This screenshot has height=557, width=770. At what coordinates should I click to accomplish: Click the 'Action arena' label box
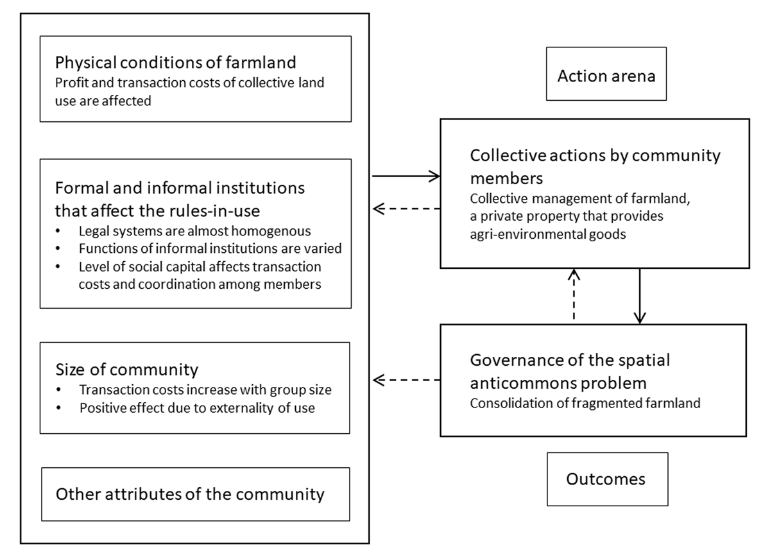pos(606,76)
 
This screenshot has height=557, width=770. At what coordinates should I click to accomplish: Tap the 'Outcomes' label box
pos(606,479)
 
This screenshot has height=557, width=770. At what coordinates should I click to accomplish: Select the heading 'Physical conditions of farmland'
pos(175,63)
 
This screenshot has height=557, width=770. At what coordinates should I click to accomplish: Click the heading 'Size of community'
pos(126,370)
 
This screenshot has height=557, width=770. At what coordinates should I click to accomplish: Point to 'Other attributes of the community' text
pos(190,494)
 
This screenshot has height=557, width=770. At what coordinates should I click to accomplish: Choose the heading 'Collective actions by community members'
pos(595,164)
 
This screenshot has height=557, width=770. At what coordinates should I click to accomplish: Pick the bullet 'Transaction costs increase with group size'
pos(205,390)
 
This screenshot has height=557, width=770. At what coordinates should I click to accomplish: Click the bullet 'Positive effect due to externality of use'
pos(197,408)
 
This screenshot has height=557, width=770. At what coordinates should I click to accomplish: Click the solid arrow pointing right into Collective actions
pos(406,176)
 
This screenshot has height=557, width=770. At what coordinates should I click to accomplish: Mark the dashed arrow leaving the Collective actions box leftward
pos(406,208)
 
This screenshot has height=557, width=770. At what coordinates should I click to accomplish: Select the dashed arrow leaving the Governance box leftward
pos(406,380)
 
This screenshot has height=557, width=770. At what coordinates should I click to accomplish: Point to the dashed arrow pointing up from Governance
pos(575,295)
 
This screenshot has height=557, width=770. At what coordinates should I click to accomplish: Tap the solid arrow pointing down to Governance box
pos(639,295)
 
